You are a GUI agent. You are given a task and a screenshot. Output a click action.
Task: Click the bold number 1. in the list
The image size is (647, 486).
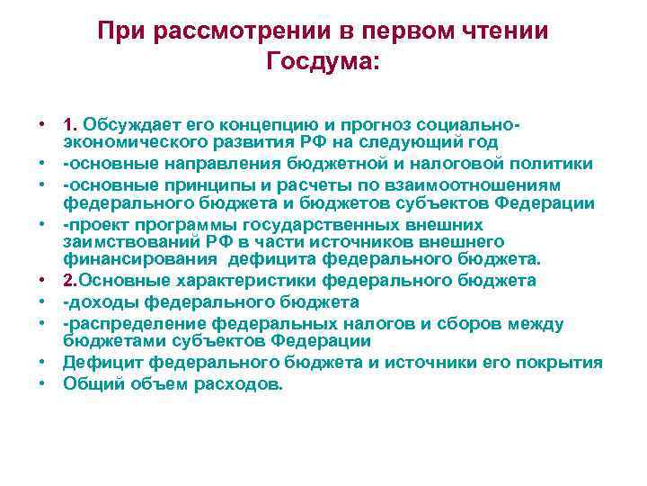[71, 123]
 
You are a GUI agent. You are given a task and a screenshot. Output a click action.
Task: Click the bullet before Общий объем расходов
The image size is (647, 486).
[42, 382]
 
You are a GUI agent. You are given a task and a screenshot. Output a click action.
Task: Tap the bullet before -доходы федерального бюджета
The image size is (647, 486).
[42, 301]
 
